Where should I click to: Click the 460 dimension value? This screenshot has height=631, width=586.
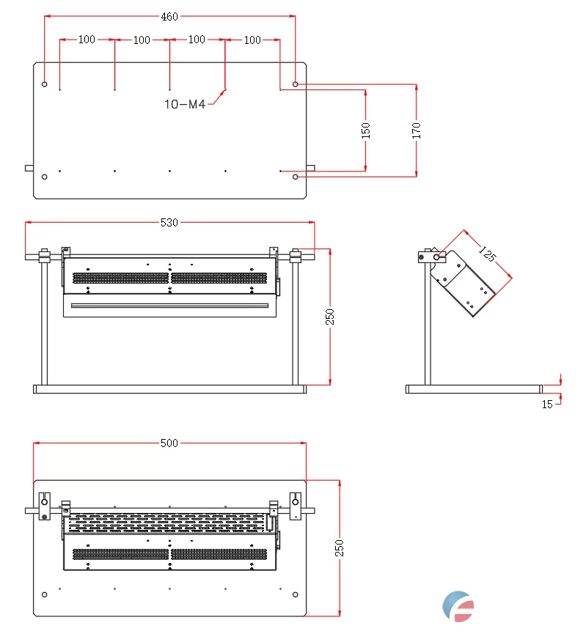[169, 17]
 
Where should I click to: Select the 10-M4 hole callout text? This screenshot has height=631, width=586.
[184, 104]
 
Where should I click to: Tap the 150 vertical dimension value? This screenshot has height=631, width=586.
[366, 130]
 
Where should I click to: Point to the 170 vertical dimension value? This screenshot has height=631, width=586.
[417, 130]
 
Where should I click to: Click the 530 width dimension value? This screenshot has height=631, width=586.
[169, 223]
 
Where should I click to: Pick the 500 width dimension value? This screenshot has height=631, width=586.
[169, 443]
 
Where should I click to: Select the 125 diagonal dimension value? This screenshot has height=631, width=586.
[487, 255]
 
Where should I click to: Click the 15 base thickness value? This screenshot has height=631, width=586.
[547, 405]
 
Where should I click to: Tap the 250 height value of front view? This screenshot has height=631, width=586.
[330, 317]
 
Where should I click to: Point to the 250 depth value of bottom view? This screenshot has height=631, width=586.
[340, 548]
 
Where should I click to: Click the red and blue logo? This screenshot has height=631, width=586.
[458, 606]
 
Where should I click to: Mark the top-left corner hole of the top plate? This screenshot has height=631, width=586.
[45, 84]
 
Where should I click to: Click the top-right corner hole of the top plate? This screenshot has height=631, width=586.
[296, 84]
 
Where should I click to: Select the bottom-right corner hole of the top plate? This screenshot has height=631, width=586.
[296, 177]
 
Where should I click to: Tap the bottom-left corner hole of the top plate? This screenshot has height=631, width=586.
[45, 177]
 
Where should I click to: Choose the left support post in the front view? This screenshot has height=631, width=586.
[45, 322]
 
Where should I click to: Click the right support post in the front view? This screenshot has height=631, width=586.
[296, 322]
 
